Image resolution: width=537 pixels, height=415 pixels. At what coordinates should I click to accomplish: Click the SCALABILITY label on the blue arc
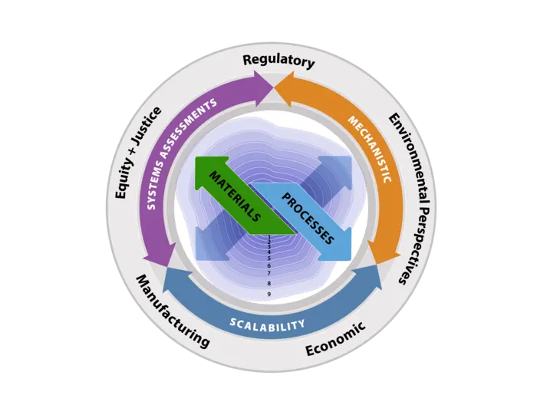(268, 324)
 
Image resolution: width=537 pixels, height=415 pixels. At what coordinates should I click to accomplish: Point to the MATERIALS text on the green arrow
(236, 196)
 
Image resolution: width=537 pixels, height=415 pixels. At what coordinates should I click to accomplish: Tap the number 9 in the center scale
(269, 294)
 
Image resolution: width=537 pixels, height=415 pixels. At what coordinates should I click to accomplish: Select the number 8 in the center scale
(269, 283)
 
